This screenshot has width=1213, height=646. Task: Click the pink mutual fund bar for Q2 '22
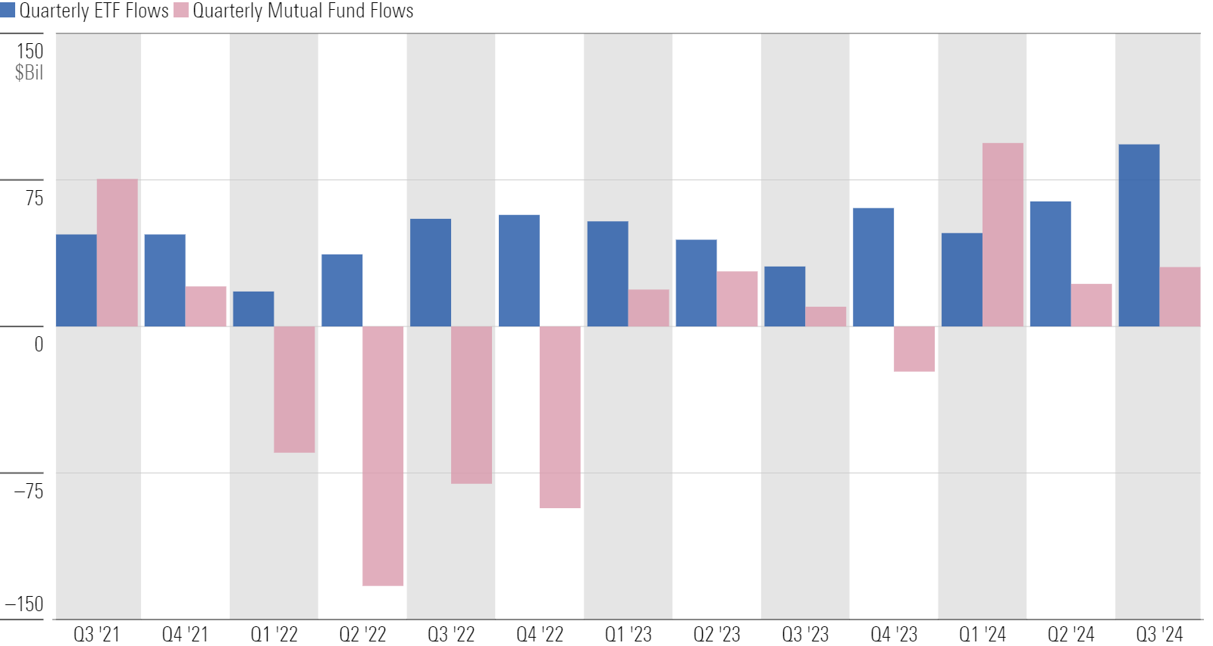383,455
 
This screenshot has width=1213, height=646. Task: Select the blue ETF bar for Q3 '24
1139,236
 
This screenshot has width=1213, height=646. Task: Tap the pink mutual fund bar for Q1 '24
1002,235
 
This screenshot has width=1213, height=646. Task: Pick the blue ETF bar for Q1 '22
253,309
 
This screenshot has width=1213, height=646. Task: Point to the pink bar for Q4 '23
914,348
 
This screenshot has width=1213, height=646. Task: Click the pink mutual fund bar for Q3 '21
117,253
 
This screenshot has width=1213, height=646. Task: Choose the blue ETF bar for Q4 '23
873,267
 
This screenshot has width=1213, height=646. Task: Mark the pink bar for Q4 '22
560,417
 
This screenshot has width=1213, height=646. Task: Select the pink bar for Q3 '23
826,317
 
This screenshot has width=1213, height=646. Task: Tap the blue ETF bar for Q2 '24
1050,264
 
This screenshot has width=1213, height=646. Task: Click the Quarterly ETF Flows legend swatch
8,11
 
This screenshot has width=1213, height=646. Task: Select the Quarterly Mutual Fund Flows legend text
303,11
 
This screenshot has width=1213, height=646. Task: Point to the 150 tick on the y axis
30,51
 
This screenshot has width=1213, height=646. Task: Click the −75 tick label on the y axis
29,491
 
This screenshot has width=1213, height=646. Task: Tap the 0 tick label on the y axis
39,345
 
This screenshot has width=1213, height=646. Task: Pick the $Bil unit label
29,73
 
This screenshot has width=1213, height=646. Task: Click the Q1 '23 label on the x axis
628,634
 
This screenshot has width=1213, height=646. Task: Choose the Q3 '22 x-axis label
451,634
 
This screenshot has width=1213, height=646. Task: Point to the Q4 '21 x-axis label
185,634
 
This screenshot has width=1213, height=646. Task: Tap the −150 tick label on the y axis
24,604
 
